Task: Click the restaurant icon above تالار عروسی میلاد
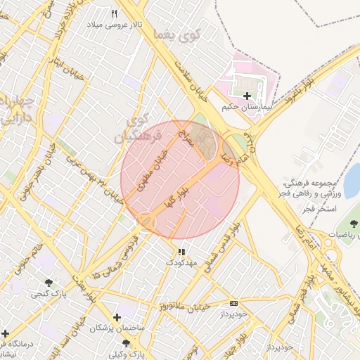[115, 13]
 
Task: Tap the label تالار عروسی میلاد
[115, 25]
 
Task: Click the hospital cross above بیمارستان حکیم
[246, 96]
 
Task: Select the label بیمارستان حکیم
[246, 108]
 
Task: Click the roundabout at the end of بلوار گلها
[146, 221]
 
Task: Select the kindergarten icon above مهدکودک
[181, 251]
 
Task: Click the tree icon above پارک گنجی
[49, 283]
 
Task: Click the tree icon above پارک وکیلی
[126, 342]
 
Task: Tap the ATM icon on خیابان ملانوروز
[233, 304]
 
